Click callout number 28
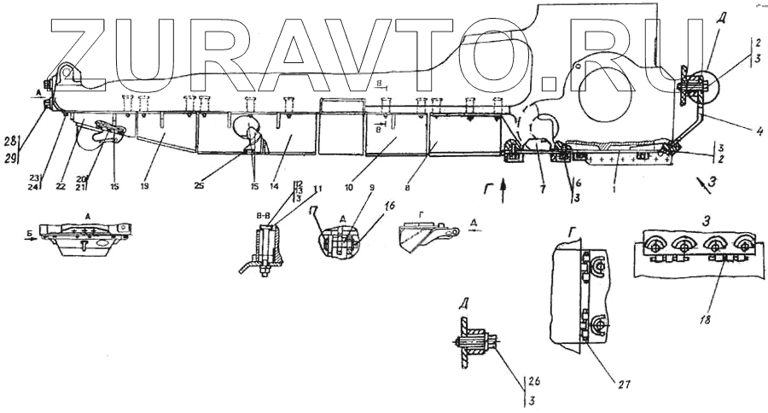click(x=9, y=140)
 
